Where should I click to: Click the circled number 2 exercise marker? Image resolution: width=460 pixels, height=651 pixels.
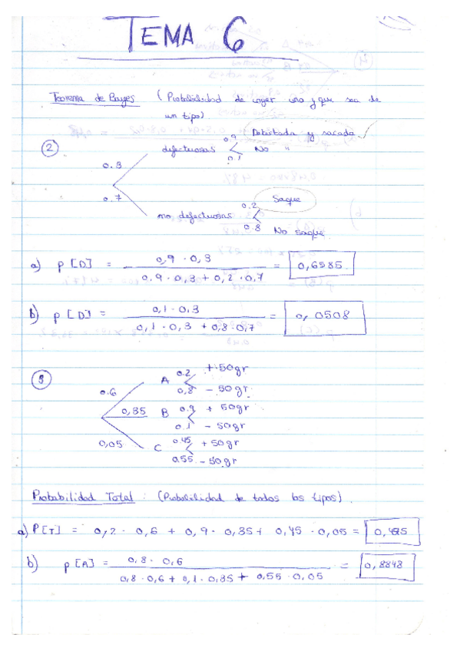(x=51, y=150)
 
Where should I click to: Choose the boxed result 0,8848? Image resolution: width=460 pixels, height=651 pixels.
(x=389, y=567)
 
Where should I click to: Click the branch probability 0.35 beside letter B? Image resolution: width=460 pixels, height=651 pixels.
(x=134, y=411)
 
